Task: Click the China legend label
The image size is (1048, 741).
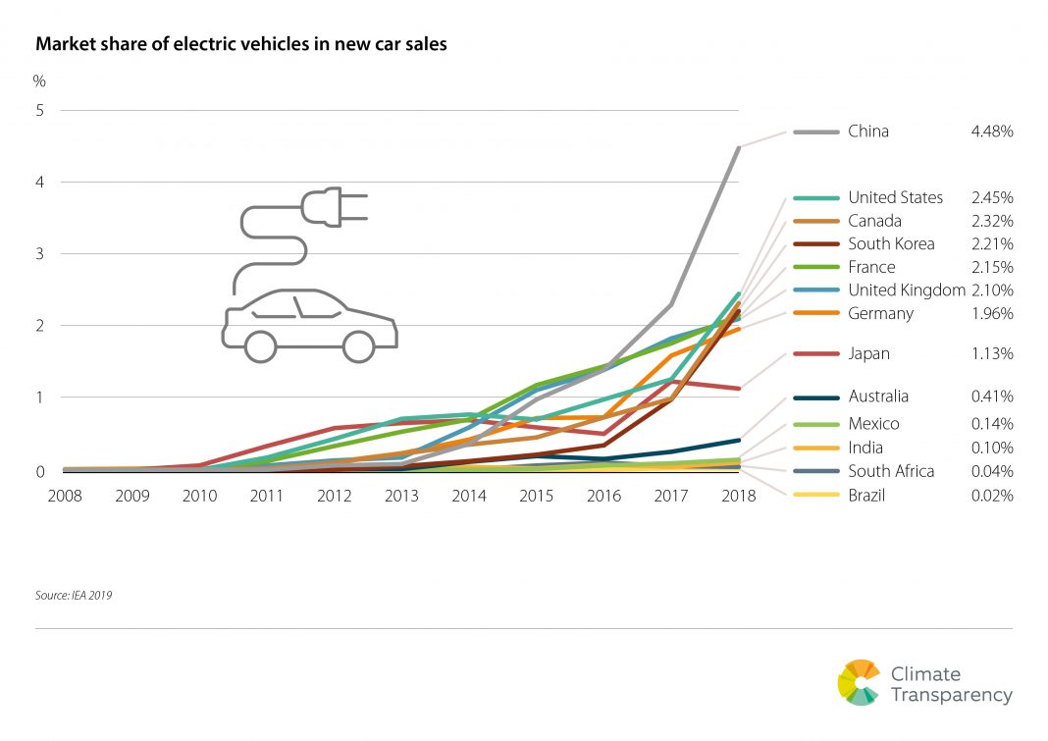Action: click(867, 131)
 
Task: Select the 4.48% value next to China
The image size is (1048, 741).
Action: click(990, 131)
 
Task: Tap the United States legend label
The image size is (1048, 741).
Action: click(895, 197)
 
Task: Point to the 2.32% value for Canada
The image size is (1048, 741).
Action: click(990, 221)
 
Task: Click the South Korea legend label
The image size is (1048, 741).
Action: click(891, 243)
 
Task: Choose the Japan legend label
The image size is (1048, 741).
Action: click(868, 353)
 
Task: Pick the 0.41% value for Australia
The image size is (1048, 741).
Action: click(990, 397)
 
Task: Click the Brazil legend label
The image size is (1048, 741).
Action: click(866, 496)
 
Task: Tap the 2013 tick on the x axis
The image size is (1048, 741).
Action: click(399, 496)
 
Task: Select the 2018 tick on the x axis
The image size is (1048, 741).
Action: click(738, 496)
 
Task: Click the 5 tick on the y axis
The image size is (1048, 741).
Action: click(40, 111)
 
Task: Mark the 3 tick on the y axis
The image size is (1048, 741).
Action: click(40, 254)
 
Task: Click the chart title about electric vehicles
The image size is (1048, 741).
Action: click(241, 44)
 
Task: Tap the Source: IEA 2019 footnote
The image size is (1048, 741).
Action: click(74, 595)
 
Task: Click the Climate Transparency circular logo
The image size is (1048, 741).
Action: click(859, 682)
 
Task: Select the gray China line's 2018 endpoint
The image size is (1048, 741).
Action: click(738, 147)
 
